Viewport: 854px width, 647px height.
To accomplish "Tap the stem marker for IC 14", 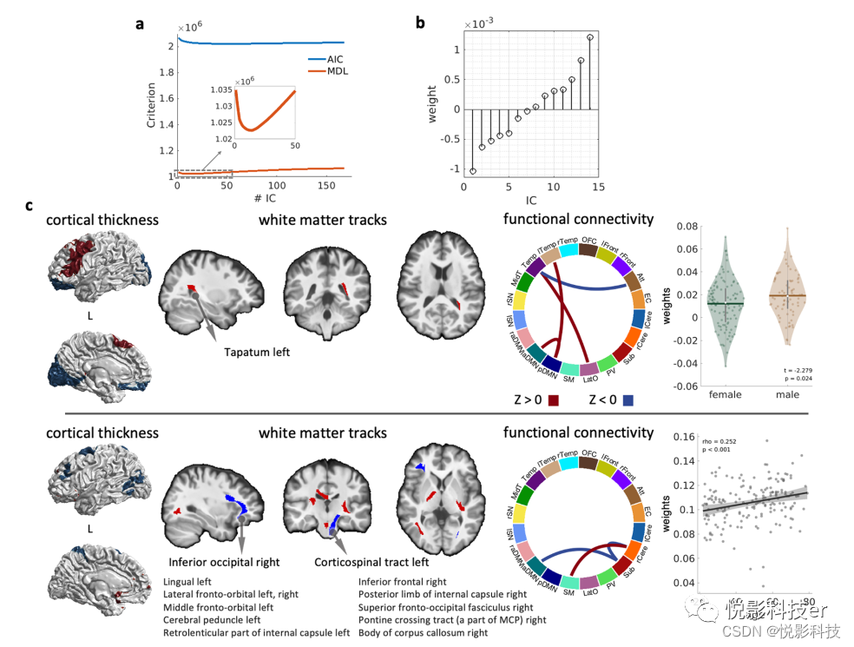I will click(590, 37).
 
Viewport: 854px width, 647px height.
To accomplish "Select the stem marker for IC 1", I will click(473, 171).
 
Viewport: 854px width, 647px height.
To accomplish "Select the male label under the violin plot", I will click(788, 395).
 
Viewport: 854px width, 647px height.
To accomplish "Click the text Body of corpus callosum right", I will click(423, 633).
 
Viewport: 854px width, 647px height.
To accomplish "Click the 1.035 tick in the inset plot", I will click(220, 89).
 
